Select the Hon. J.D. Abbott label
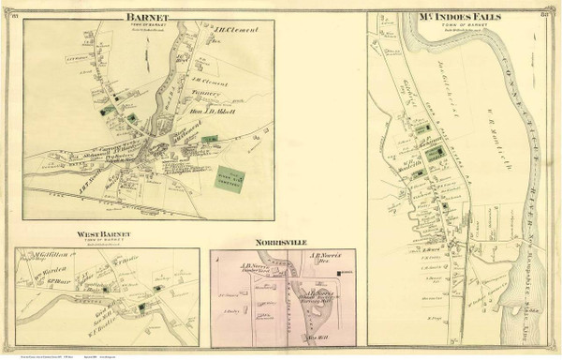[217, 114]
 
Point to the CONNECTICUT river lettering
[511, 112]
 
